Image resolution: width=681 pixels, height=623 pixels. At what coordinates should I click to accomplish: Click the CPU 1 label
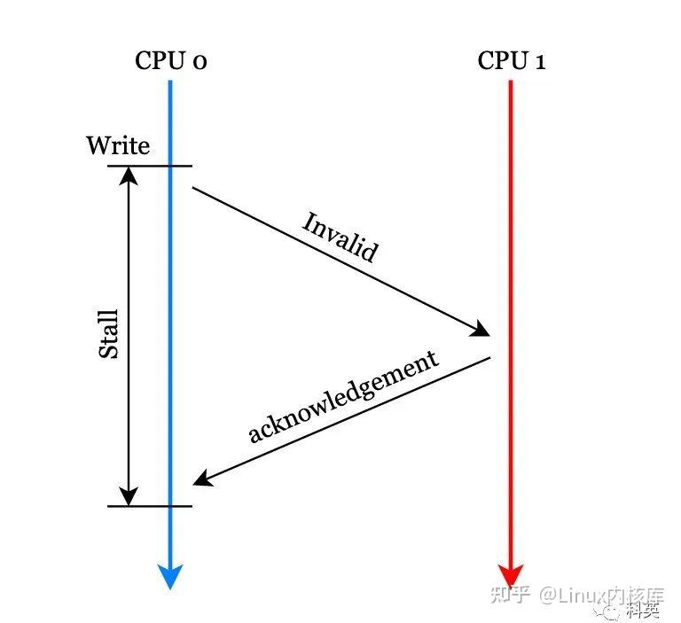click(x=512, y=61)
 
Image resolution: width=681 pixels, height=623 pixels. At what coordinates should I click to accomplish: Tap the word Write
click(x=118, y=145)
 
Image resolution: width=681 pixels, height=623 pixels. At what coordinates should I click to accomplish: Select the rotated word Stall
click(x=108, y=333)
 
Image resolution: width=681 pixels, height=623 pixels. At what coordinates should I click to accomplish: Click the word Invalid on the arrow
click(x=340, y=237)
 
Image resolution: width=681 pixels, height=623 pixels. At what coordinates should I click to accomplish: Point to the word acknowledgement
click(x=344, y=396)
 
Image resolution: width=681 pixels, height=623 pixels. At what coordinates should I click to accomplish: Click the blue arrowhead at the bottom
click(x=171, y=577)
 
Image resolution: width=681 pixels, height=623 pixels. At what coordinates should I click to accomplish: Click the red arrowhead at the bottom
click(x=512, y=575)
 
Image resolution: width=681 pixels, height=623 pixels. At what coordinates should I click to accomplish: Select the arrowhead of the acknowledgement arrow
click(x=202, y=479)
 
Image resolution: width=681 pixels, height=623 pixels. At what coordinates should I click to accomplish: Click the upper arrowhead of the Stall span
click(x=130, y=175)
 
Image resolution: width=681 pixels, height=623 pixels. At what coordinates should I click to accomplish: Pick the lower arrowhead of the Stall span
click(x=130, y=496)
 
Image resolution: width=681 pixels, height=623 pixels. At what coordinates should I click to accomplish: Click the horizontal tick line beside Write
click(x=150, y=166)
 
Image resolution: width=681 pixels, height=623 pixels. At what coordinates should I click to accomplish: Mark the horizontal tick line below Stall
click(x=150, y=506)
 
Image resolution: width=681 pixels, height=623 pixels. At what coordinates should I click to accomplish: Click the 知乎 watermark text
click(x=511, y=596)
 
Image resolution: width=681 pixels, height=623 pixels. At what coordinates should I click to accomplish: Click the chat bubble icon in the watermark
click(x=612, y=609)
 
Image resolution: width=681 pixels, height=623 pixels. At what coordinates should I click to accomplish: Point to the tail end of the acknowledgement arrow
click(x=489, y=358)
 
